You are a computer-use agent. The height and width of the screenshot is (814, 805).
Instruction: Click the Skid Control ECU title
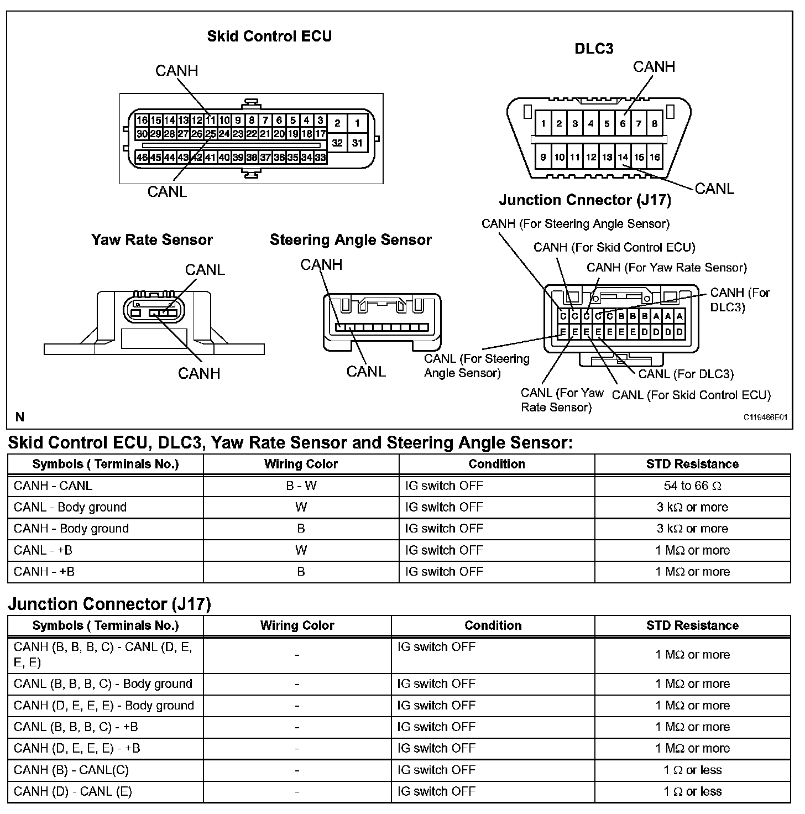coord(269,36)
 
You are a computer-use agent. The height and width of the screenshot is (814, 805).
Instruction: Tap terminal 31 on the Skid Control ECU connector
coord(357,143)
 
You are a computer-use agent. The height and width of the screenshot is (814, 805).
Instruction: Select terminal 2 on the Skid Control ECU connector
coord(337,123)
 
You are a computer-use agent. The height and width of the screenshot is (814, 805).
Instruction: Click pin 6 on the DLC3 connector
coord(623,123)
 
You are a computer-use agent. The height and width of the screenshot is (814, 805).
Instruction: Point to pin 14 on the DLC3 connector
coord(623,157)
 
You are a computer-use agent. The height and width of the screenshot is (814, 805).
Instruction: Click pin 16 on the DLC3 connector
coord(655,157)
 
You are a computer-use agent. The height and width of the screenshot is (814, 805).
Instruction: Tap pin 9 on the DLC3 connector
coord(543,157)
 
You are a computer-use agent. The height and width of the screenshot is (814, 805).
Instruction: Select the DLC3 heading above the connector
coord(594,49)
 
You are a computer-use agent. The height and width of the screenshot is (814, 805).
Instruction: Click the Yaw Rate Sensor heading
coord(152,239)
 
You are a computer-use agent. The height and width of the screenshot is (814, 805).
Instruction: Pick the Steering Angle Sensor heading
coord(351,239)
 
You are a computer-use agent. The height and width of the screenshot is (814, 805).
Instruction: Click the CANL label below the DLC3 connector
coord(714,189)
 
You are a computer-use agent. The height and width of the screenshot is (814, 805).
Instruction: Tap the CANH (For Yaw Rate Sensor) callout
coord(666,268)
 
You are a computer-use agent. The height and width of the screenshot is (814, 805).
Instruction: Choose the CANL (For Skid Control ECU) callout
coord(691,395)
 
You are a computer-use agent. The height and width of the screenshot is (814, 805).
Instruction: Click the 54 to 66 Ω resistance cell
coord(692,486)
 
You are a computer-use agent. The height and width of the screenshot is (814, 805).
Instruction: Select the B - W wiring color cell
coord(301,486)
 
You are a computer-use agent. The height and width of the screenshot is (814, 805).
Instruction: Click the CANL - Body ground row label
coord(70,507)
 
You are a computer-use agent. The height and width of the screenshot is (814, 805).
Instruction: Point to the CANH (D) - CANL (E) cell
coord(73,791)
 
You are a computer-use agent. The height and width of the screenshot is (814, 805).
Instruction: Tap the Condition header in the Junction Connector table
coord(493,625)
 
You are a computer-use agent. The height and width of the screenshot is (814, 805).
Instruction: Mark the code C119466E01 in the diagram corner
coord(765,418)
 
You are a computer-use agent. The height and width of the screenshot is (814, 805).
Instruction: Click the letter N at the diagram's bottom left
coord(20,417)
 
